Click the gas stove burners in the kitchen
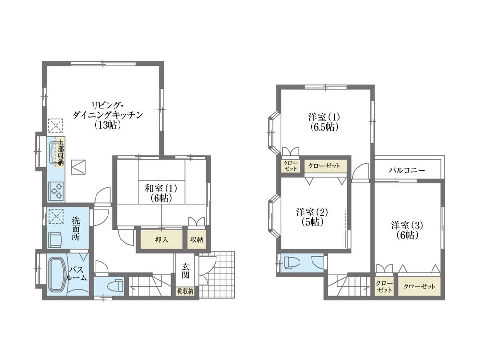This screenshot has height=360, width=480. pos(57,191)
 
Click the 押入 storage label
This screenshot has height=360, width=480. pos(161,240)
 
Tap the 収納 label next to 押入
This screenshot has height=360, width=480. pos(196,240)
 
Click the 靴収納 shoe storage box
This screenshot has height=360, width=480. pos(184,291)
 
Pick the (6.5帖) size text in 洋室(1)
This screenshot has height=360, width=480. pos(324,127)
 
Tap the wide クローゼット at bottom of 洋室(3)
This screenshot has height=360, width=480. pos(419,287)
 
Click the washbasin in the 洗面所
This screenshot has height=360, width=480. pos(57,239)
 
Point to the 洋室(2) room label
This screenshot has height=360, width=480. pos(312,216)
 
